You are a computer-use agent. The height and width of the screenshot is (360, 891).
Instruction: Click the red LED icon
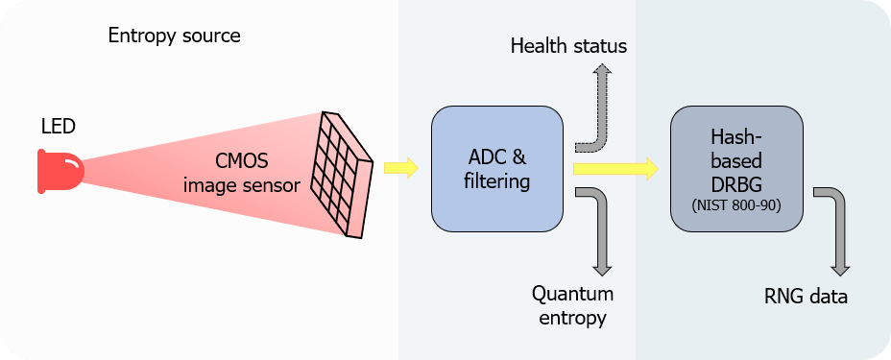tap(60, 171)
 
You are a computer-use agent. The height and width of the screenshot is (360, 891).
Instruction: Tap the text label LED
tap(58, 127)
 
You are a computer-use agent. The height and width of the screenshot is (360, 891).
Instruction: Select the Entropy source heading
tap(175, 36)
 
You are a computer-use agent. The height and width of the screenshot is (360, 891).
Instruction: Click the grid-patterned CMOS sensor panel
tap(342, 174)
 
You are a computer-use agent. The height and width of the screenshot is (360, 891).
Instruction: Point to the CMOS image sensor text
tap(242, 173)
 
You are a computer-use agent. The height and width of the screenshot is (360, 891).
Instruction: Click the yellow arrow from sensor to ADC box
tap(401, 168)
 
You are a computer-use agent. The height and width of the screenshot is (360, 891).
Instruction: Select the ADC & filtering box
tap(497, 169)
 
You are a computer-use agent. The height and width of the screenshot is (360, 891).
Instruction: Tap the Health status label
tap(568, 46)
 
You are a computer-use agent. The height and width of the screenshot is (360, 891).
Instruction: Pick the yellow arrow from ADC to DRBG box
tap(615, 169)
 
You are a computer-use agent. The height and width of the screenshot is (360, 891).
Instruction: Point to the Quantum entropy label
tap(573, 305)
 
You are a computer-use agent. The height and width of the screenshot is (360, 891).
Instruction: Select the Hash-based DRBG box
tap(737, 169)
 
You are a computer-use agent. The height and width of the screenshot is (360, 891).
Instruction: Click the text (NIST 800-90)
tap(736, 206)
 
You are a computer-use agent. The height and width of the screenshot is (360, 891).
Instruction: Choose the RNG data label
tap(806, 297)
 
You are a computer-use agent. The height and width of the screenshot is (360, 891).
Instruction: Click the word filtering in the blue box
tap(497, 182)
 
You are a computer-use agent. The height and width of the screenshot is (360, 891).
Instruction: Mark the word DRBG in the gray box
tap(736, 185)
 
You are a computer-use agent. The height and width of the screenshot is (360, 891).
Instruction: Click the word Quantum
tap(573, 295)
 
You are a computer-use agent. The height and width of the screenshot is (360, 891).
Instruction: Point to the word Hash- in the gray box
tap(736, 137)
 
